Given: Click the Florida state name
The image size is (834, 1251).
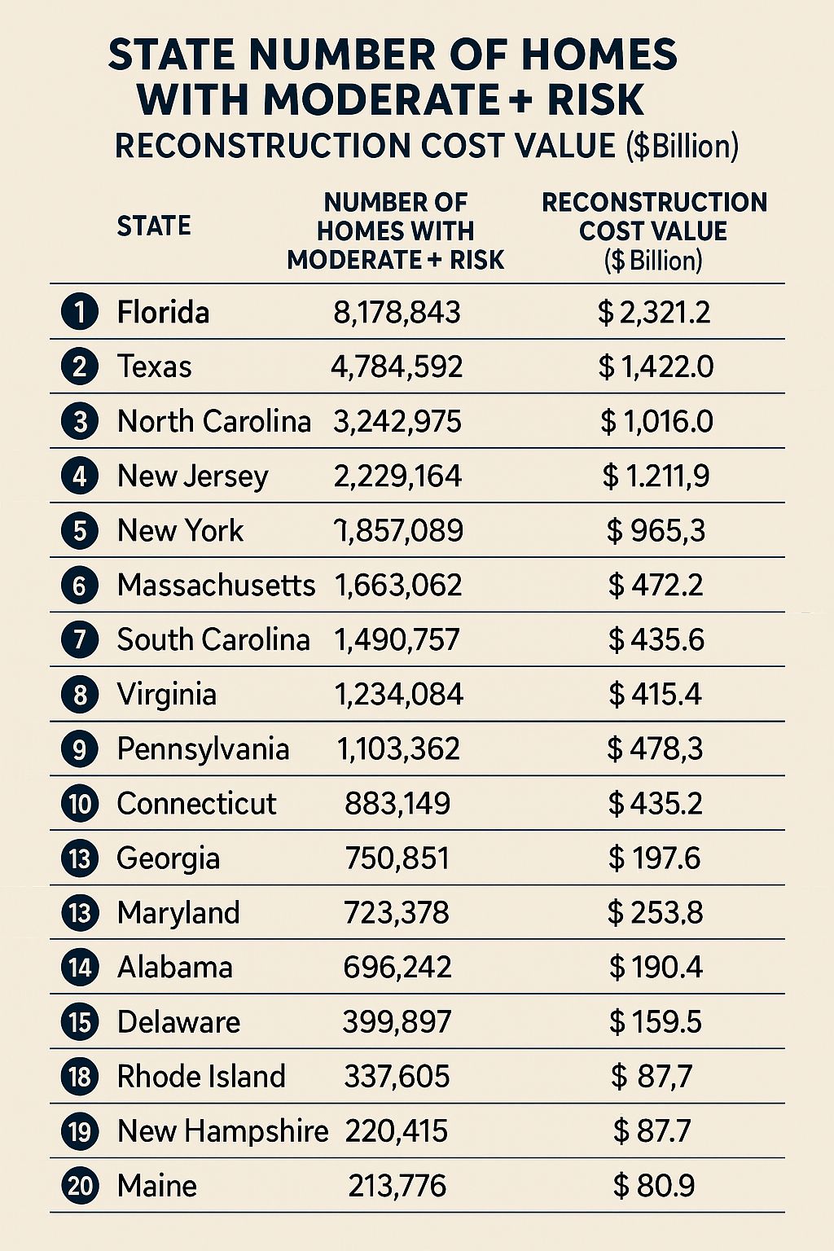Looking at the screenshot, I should pos(163,313).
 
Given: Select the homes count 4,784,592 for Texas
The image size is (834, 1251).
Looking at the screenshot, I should pos(397,367).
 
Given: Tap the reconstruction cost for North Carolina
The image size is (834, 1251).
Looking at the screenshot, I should pos(656,421).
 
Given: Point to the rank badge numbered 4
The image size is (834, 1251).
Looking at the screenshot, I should pos(80,476).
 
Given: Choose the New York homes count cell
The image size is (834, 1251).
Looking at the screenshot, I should pos(399,530).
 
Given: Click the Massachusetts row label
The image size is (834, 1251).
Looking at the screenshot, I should pos(216,585).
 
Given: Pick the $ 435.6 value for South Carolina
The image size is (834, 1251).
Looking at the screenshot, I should pos(656,639).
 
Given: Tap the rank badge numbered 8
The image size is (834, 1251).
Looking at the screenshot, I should pos(80,695).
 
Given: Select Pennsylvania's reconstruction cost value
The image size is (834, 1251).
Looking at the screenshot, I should pos(655,748).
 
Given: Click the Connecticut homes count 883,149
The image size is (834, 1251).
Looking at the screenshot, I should pos(397,803).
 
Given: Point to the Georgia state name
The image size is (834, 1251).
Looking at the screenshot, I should pos(168,858).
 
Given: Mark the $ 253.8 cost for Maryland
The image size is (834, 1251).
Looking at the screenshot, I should pos(655,912).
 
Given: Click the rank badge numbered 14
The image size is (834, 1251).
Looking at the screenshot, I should pos(80,968).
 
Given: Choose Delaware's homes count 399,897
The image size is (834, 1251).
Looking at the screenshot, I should pos(397,1021).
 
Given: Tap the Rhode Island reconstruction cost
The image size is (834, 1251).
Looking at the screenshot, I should pos(652,1076).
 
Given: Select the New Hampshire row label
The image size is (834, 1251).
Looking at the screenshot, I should pos(222,1130).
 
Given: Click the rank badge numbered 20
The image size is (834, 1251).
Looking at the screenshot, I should pos(80,1186).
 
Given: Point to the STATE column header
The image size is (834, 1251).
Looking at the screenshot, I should pos(154,226).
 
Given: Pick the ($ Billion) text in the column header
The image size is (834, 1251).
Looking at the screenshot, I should pos(653,260).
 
